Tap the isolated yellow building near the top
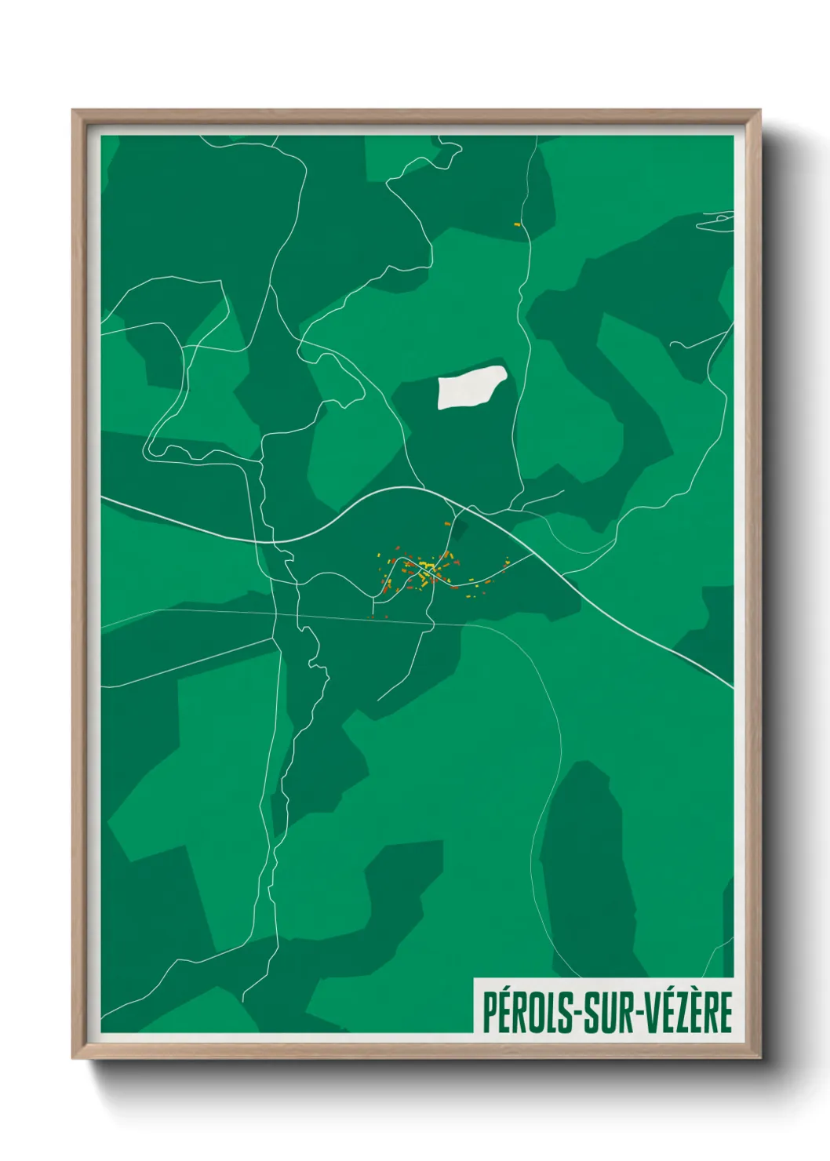click(517, 225)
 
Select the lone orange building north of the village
click(447, 523)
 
